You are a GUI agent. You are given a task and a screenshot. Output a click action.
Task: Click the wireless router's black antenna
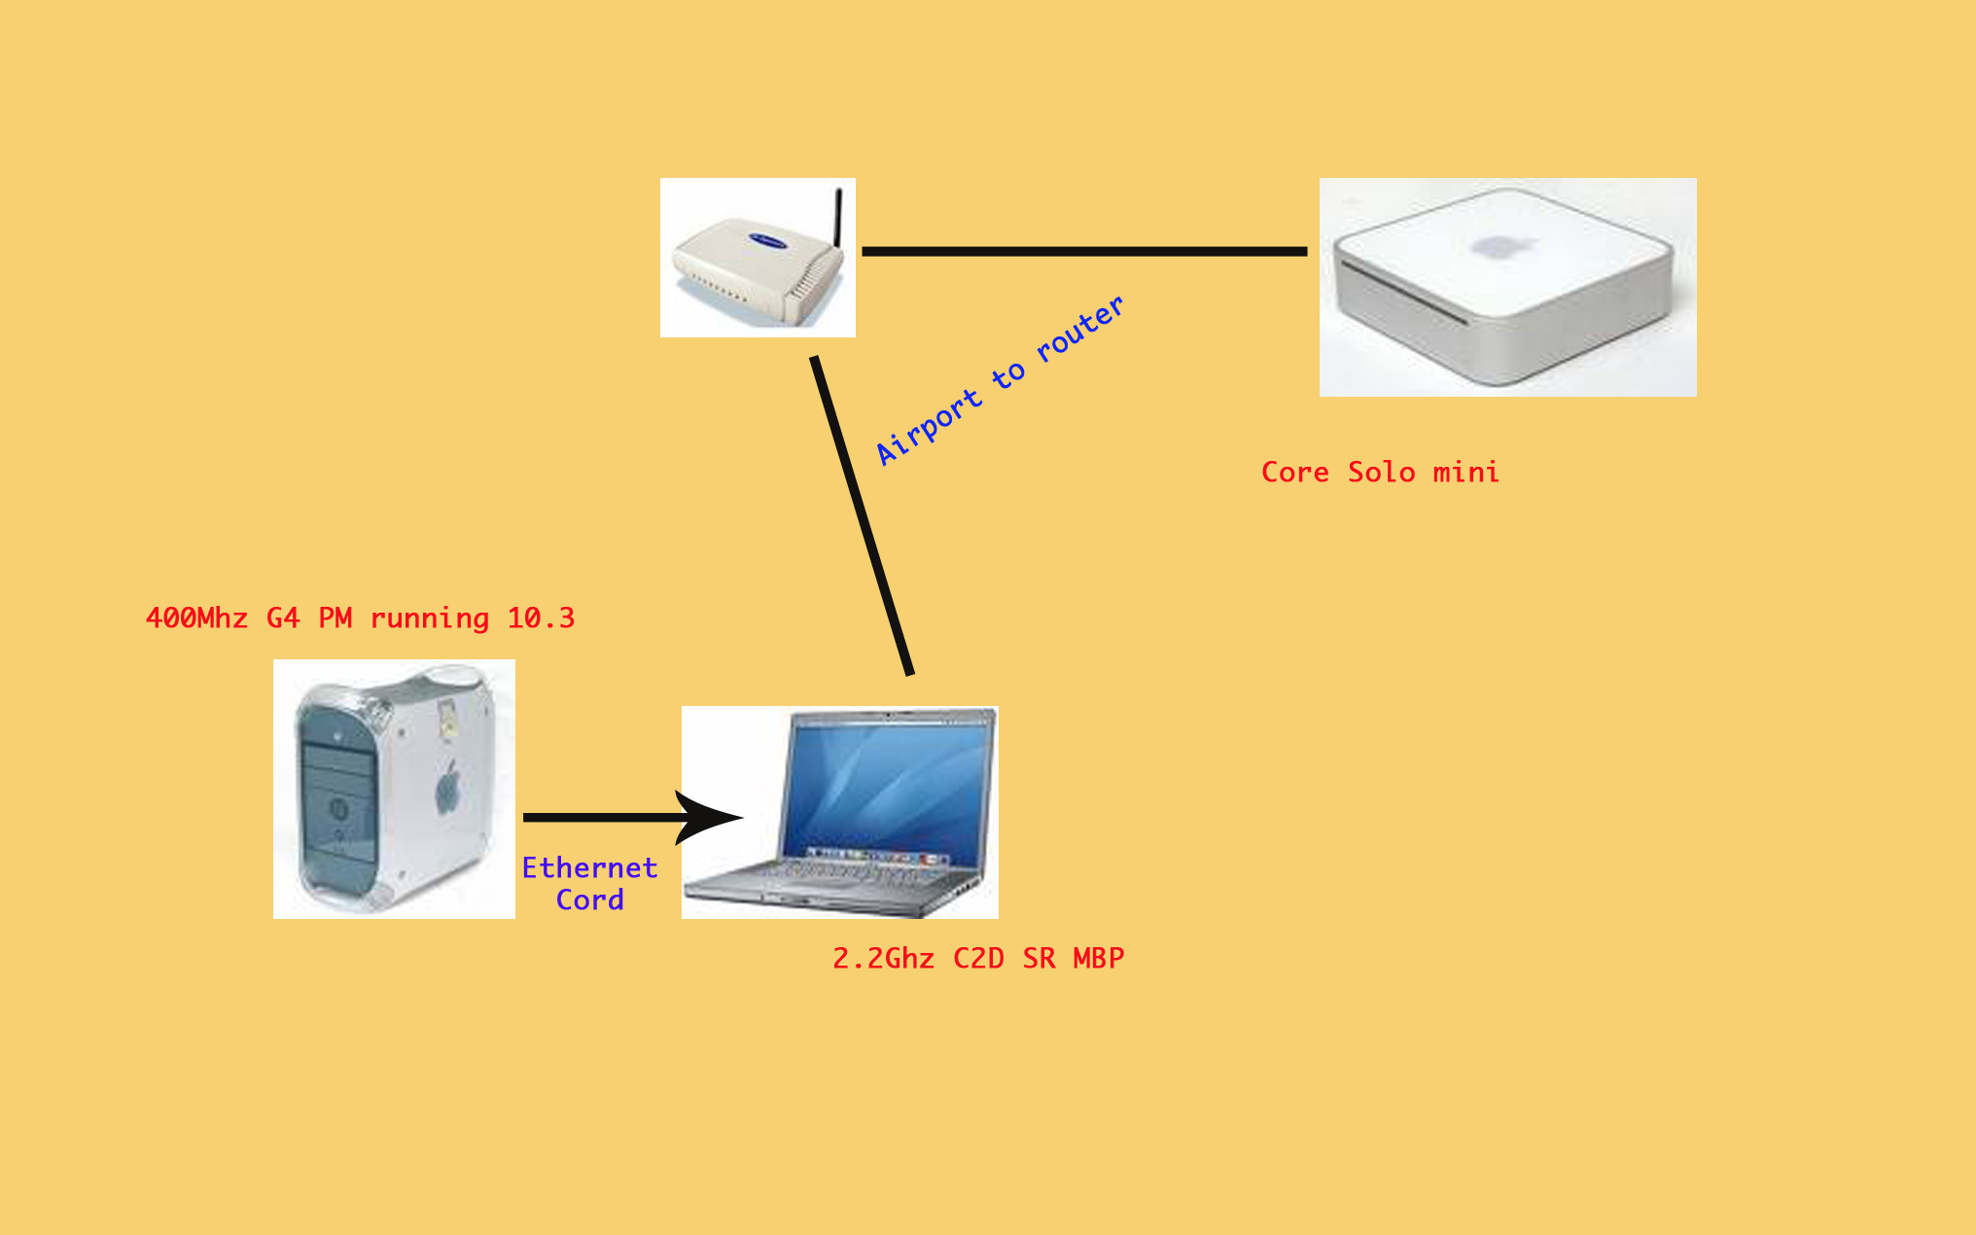click(x=838, y=218)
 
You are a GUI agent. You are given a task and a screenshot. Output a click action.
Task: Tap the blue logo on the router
click(x=768, y=240)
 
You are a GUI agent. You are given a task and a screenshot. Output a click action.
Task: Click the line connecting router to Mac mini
click(x=1084, y=251)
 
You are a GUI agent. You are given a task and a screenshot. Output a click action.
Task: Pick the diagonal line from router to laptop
click(x=863, y=515)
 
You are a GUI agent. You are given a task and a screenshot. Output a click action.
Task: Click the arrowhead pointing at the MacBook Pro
click(x=708, y=817)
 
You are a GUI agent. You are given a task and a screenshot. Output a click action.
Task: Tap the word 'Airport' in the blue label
click(x=928, y=427)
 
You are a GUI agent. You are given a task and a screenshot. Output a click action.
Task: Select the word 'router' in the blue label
click(x=1079, y=328)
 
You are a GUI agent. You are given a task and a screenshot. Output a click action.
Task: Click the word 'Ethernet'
click(x=589, y=867)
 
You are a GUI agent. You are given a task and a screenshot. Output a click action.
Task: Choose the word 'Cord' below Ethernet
click(x=589, y=900)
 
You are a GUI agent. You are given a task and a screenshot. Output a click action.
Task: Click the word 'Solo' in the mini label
click(x=1381, y=472)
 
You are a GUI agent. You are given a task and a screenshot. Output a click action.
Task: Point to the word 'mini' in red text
click(x=1465, y=472)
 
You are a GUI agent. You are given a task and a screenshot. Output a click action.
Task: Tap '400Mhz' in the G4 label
click(x=196, y=617)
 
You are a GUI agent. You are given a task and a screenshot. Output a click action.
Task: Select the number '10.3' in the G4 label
click(x=541, y=617)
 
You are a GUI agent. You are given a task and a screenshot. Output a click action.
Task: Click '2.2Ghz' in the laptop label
click(x=883, y=958)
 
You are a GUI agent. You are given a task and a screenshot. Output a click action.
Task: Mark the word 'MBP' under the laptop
click(x=1099, y=958)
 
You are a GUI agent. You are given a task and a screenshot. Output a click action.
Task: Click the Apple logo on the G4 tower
click(x=447, y=787)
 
